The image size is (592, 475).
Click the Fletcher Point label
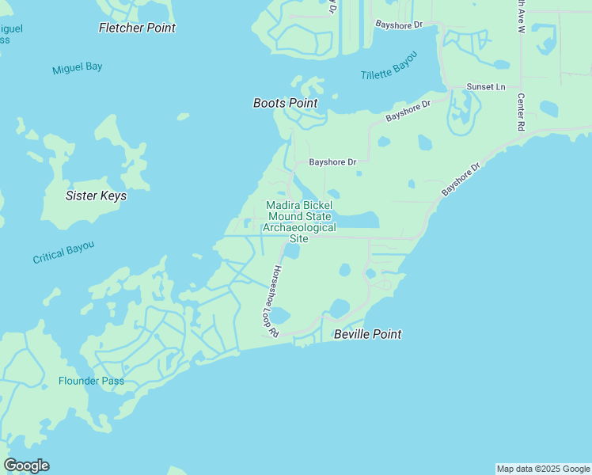pos(137,28)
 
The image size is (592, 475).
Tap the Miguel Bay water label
pos(78,68)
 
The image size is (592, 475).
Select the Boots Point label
pos(285,103)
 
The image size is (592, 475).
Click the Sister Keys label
pos(96,196)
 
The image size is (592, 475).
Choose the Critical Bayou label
pos(63,253)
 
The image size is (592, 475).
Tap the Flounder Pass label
pos(91,381)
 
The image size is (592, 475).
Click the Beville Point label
pos(367,334)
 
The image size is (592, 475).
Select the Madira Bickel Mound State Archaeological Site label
pos(299,222)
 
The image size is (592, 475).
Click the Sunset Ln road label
pos(485,86)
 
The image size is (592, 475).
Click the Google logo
pos(26,465)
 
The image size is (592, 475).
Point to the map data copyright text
pos(543,469)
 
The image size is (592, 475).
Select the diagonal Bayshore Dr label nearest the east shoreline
pos(461,180)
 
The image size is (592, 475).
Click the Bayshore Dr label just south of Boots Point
pos(332,161)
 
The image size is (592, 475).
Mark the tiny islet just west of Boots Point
pos(183,116)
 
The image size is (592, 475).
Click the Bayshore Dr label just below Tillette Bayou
pos(408,110)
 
